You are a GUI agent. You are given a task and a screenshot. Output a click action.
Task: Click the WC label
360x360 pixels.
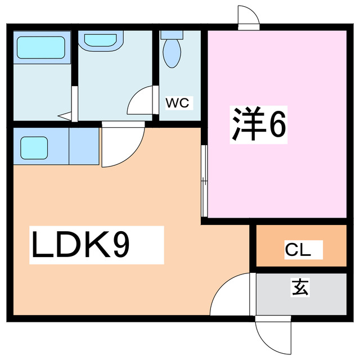click(178, 103)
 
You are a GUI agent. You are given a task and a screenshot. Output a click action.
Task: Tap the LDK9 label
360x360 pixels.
click(80, 245)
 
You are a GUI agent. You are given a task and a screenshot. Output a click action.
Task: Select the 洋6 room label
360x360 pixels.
click(259, 124)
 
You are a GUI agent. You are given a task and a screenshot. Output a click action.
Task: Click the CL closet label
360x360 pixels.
click(298, 250)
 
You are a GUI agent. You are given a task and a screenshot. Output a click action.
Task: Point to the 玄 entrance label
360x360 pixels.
click(300, 287)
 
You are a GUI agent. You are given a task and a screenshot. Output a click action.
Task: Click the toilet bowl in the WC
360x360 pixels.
click(172, 53)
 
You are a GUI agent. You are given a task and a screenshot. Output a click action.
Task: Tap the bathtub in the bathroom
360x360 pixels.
click(41, 47)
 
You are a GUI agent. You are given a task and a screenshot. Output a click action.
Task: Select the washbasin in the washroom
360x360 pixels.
click(101, 40)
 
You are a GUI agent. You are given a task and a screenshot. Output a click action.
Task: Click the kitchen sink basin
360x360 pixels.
click(34, 148)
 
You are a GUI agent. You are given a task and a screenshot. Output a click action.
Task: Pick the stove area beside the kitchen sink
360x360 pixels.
click(84, 146)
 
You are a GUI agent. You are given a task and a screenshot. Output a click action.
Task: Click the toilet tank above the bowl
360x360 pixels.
click(172, 35)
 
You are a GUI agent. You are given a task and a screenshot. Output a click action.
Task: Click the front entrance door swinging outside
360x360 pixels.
click(273, 335)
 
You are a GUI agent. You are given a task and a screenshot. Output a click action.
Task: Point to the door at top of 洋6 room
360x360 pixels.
click(249, 17)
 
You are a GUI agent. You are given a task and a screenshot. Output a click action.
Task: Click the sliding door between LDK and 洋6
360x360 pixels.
click(204, 181)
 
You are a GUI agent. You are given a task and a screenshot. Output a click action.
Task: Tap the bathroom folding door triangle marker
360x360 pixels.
click(65, 116)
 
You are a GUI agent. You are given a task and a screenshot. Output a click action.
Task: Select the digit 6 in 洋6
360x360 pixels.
click(278, 124)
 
